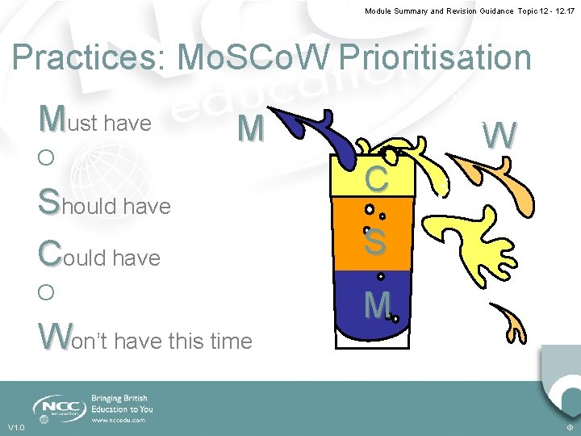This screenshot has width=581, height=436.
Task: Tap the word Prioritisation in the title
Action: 436,58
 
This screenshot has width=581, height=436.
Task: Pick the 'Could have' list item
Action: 98,256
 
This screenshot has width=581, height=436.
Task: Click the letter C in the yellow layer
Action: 377,178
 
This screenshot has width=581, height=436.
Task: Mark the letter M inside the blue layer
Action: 377,304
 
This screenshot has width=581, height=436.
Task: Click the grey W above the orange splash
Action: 499,135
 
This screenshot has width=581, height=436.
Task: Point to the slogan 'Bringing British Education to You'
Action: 122,404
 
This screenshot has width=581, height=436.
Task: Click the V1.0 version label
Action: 16,427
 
